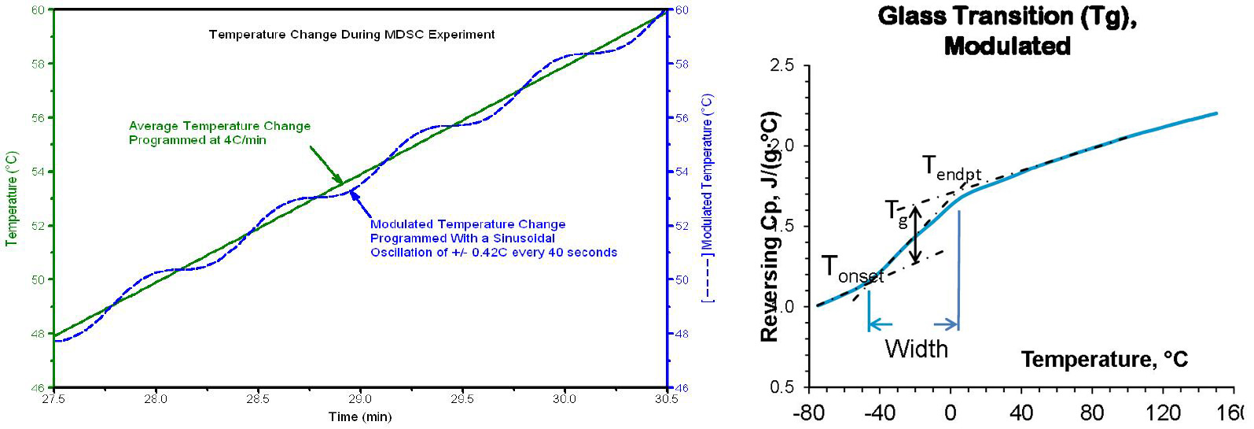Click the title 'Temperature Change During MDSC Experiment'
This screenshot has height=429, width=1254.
[x=351, y=35]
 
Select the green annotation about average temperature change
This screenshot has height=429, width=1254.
[x=219, y=133]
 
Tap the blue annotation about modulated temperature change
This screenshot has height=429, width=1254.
[x=493, y=239]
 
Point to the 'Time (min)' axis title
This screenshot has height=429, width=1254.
[x=359, y=417]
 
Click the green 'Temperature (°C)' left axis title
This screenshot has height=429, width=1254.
[x=12, y=199]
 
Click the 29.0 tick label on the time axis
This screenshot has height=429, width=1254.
[x=360, y=399]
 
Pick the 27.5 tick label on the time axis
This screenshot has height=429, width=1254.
[x=53, y=399]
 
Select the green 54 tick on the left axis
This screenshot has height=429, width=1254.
[x=38, y=172]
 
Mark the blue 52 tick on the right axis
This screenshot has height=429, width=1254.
[x=682, y=226]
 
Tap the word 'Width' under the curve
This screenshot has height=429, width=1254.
[x=916, y=349]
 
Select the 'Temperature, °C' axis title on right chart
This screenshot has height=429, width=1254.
[x=1104, y=360]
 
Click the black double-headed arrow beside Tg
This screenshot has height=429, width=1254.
[x=915, y=235]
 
